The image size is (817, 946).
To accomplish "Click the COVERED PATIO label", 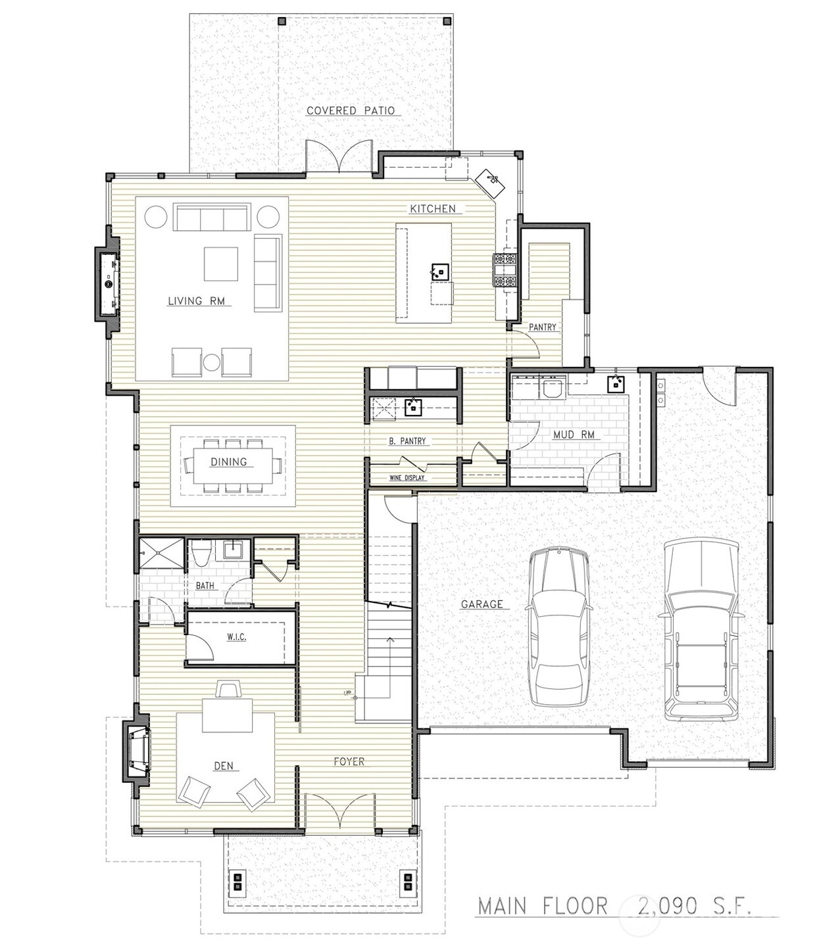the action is tap(351, 110).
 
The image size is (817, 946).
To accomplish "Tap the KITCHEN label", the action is tap(433, 208).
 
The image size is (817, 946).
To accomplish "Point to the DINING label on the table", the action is tap(228, 461).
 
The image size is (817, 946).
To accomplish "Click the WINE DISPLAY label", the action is tap(407, 478).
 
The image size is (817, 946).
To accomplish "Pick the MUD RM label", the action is tap(574, 435).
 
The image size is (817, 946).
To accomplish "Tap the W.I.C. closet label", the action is tap(236, 637).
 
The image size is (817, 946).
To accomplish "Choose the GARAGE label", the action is tap(482, 604).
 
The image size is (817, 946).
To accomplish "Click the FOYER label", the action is tap(349, 761).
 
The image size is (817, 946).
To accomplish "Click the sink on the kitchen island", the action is tap(439, 272).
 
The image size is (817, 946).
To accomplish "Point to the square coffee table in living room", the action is tap(221, 264).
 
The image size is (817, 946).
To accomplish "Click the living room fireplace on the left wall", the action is tap(107, 284).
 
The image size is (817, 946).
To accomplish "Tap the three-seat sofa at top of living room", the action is tap(212, 217).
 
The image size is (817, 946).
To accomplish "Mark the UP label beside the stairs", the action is tap(347, 694).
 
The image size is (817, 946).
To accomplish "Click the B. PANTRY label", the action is tap(407, 441).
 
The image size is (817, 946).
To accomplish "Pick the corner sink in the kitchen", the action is tap(490, 180).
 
